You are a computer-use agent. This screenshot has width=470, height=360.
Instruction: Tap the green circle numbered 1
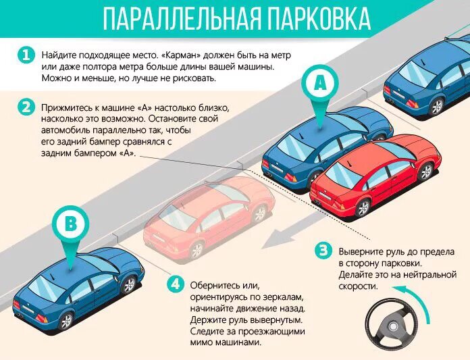26,55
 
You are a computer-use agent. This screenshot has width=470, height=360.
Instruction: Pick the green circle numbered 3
323,251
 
